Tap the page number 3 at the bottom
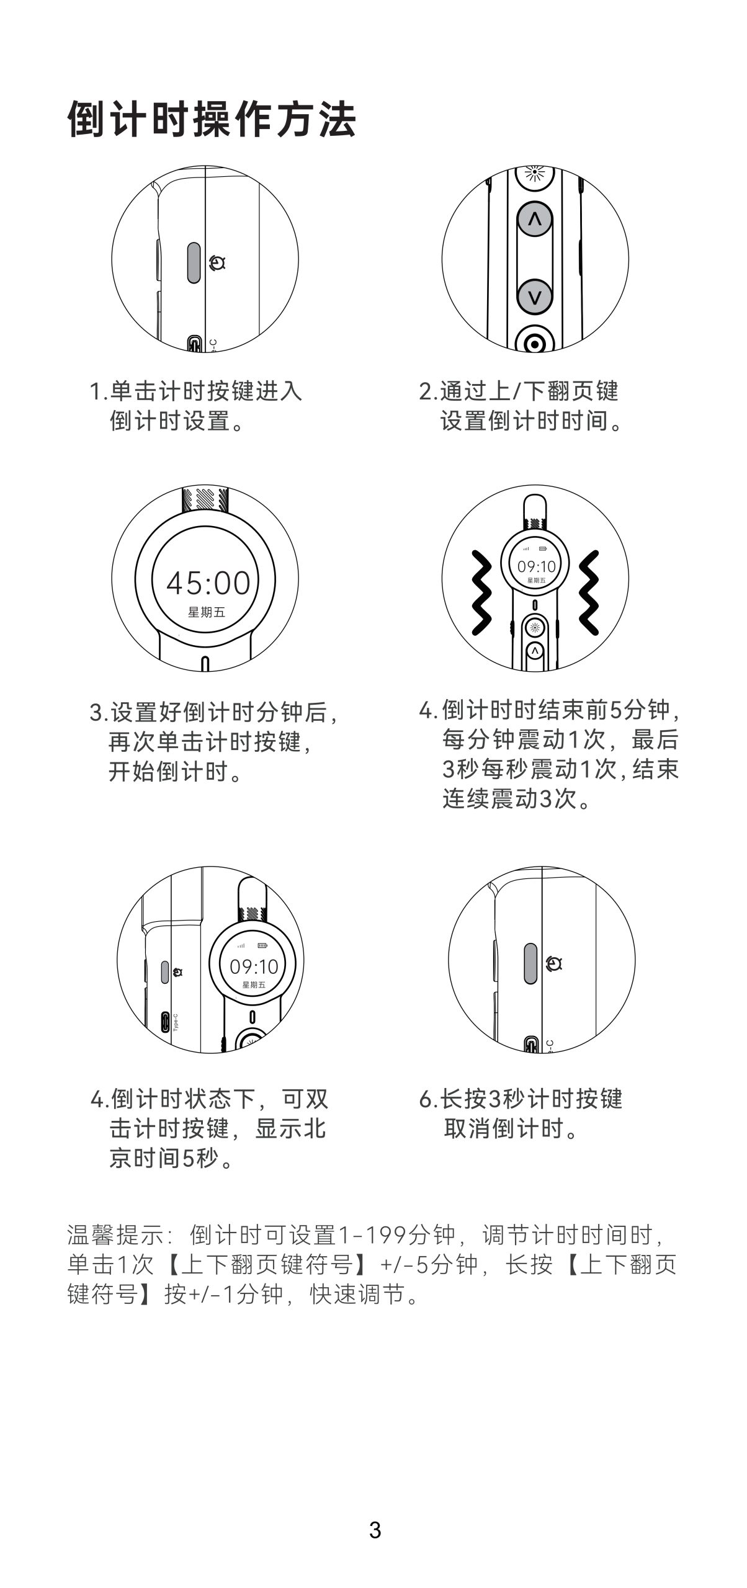point(375,1530)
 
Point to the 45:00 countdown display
point(208,582)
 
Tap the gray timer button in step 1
point(194,263)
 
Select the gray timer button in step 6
point(530,964)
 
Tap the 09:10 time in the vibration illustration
point(537,566)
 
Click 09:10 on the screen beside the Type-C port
point(254,966)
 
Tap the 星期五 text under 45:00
point(207,613)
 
